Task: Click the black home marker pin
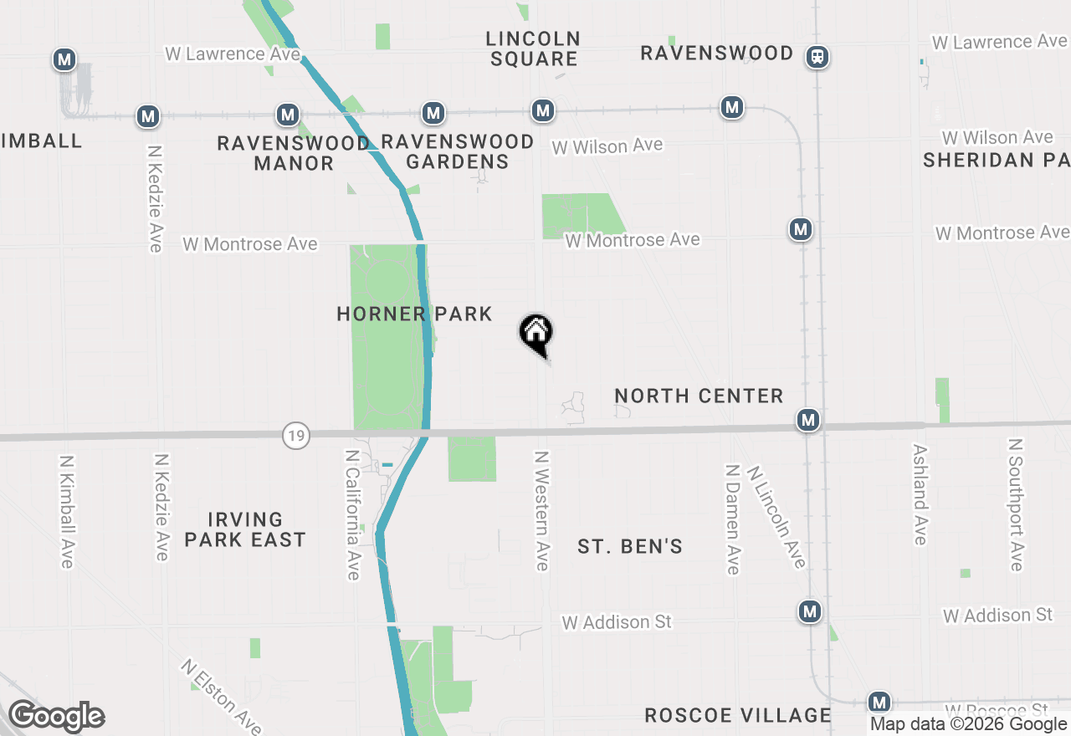coord(536,333)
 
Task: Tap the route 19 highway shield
coord(295,436)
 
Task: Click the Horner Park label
coord(414,314)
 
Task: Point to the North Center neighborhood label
coord(699,396)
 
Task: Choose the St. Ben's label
coord(630,547)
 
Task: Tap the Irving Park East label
coord(245,530)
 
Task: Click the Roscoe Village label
coord(737,716)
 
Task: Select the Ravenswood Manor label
coord(294,153)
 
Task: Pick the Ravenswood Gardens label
coord(457,151)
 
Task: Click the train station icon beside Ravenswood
coord(817,57)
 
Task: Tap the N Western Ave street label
coord(542,511)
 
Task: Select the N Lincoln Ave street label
coord(776,517)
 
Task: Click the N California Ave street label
coord(353,514)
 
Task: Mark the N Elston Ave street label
coord(222,696)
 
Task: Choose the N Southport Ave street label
coord(1016,505)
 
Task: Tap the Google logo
coord(57,717)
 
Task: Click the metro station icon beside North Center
coord(807,420)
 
